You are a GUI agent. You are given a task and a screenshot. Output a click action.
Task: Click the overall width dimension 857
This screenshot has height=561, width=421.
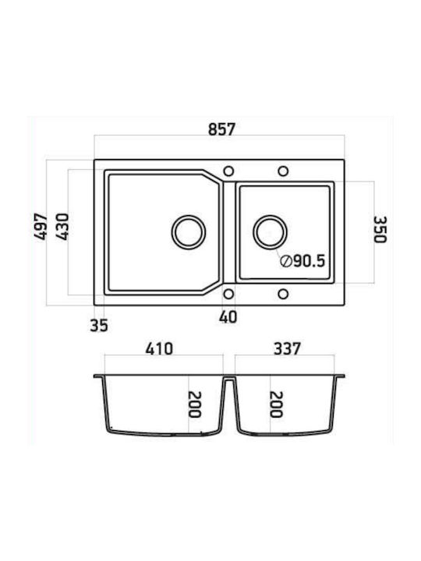221,129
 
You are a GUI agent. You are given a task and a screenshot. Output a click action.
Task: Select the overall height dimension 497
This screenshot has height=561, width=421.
41,227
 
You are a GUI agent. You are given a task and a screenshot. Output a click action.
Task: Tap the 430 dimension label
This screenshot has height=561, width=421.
62,227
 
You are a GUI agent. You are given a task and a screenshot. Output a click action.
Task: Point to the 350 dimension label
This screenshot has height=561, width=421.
380,230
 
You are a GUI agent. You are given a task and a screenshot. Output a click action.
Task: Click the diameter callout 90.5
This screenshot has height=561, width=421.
302,261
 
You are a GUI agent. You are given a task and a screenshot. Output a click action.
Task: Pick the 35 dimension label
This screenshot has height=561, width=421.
99,325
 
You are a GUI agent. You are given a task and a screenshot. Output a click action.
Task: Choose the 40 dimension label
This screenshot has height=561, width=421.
228,317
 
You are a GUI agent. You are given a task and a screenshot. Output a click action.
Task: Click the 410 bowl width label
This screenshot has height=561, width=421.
159,349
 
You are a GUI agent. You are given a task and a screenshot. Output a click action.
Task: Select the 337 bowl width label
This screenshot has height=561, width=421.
287,349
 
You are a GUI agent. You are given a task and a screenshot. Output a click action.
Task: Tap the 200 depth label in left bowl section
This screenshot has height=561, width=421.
195,404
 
